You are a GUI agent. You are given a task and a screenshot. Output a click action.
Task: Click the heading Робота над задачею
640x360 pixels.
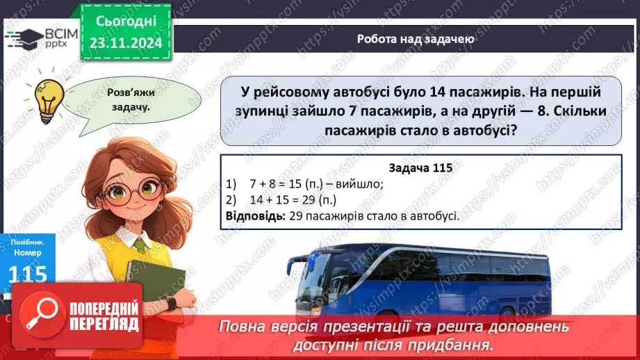(416, 39)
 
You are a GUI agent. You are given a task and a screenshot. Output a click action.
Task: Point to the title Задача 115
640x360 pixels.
(420, 169)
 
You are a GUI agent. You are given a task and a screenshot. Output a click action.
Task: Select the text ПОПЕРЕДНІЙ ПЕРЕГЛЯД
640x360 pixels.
(104, 317)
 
